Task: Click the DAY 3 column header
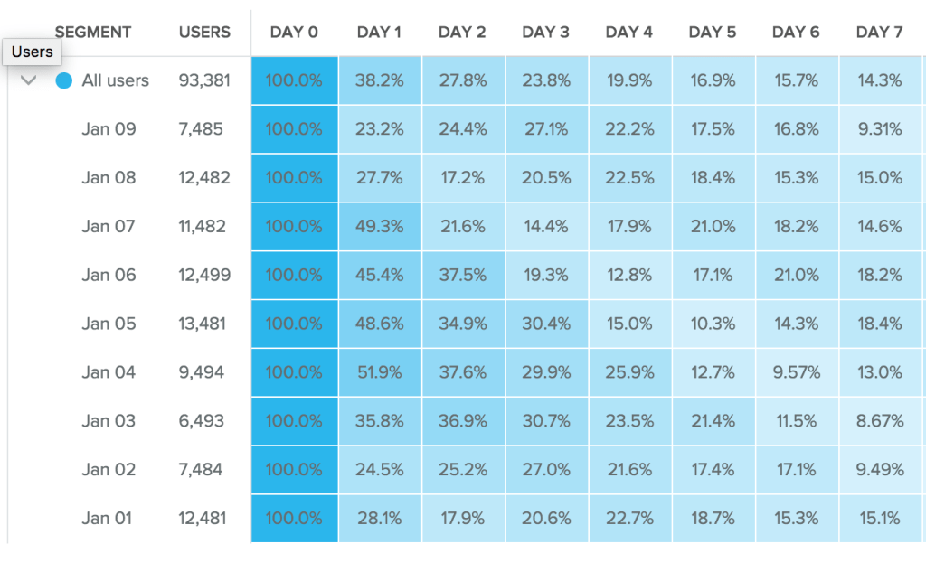click(x=545, y=33)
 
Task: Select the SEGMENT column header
click(x=93, y=33)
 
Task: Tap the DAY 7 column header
click(x=879, y=33)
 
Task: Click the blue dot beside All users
click(x=63, y=80)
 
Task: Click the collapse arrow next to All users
click(x=29, y=80)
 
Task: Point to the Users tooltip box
click(x=33, y=52)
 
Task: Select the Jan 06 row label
click(x=109, y=275)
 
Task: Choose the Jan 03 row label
click(x=109, y=421)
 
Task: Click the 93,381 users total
click(x=204, y=80)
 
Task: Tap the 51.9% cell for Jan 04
click(x=380, y=372)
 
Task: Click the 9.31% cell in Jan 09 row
click(x=880, y=129)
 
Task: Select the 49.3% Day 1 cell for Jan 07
click(x=380, y=226)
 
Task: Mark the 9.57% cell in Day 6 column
click(x=797, y=372)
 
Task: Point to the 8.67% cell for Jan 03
click(x=880, y=421)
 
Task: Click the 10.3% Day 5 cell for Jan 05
click(x=713, y=324)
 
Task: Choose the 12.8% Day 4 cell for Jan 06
click(x=629, y=275)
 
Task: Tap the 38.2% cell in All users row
click(x=380, y=80)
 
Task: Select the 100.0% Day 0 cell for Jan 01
click(x=294, y=519)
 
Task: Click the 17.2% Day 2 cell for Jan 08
click(x=463, y=178)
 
